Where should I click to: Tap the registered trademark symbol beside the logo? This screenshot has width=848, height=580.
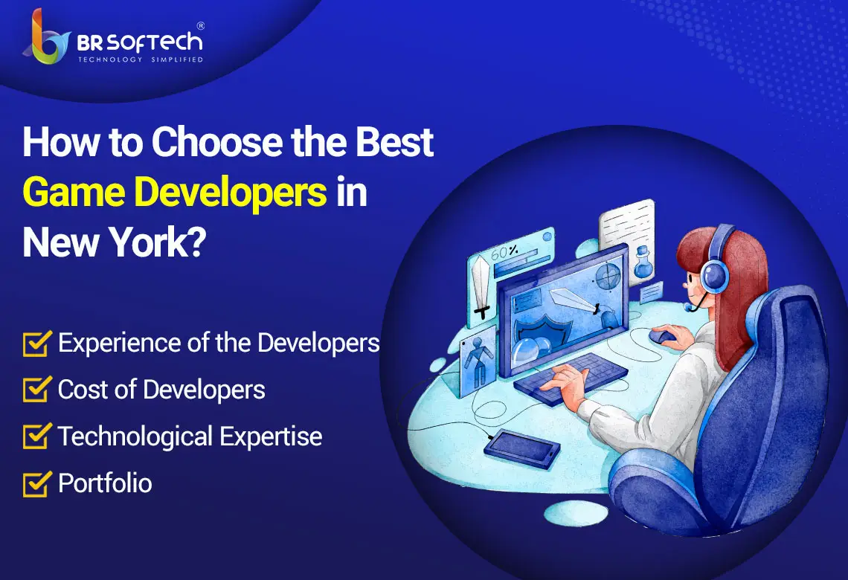[x=201, y=26]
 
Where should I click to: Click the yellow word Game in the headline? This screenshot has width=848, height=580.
[x=74, y=192]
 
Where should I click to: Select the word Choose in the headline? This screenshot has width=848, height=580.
[x=217, y=142]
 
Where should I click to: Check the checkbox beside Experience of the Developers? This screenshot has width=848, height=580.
[x=37, y=344]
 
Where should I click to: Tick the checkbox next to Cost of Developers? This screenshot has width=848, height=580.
[x=37, y=390]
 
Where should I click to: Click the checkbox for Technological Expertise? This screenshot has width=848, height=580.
[x=37, y=436]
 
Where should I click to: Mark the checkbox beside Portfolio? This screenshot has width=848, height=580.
[x=37, y=484]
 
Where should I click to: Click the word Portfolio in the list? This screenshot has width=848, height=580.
[x=105, y=483]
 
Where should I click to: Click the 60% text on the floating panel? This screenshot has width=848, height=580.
[x=504, y=251]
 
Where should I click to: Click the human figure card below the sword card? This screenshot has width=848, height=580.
[x=478, y=361]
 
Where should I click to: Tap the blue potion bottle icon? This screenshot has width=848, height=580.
[x=643, y=262]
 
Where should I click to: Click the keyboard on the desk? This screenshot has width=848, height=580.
[x=571, y=378]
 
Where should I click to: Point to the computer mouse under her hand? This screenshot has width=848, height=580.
[x=662, y=337]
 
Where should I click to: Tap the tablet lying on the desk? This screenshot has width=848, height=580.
[x=522, y=448]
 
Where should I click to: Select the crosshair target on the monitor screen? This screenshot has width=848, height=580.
[x=607, y=277]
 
